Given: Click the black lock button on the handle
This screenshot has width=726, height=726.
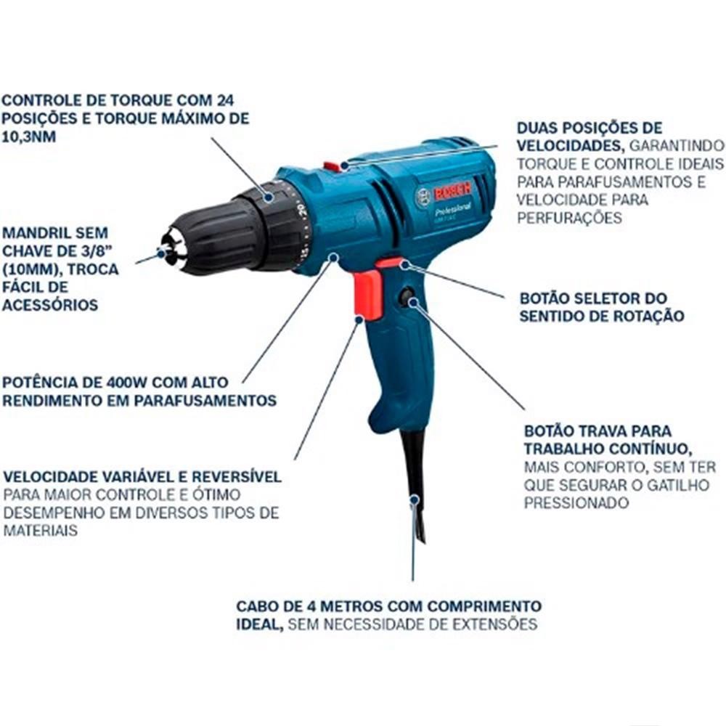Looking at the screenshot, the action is coord(407,296).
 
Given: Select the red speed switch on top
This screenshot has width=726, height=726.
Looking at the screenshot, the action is coord(332,166).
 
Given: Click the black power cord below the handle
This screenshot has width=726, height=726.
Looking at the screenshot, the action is coord(413,486).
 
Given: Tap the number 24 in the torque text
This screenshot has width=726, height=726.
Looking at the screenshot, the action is coord(225,100).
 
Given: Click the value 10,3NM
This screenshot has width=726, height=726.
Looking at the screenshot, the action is coord(29,136).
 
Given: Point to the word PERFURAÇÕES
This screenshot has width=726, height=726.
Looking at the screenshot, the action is coord(569,218).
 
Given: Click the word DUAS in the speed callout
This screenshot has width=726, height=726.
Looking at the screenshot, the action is coord(537,127).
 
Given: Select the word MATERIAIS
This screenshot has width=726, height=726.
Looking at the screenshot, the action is coord(40,531).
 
